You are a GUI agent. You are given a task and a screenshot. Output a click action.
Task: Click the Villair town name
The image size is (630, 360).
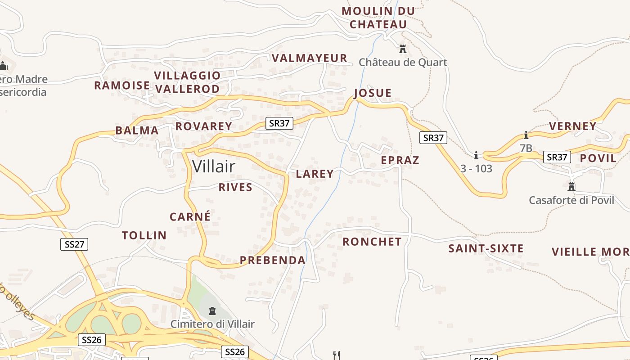coord(213,166)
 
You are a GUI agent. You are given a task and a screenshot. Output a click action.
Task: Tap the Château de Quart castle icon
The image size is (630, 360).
coord(403,48)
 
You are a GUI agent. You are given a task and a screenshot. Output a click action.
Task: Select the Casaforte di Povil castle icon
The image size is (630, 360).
coord(571,186)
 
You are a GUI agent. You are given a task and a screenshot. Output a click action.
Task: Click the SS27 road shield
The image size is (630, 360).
coord(74,244)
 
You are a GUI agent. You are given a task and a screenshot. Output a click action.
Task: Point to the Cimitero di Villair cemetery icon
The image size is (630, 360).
coord(212,310)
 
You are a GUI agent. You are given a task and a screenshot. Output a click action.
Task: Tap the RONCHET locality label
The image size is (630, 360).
coord(372,242)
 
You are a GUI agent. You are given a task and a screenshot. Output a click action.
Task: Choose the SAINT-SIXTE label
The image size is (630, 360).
coord(486,248)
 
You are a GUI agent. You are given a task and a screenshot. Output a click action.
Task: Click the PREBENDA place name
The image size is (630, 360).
coord(273,260)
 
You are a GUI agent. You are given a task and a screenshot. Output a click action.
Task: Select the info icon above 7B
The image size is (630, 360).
coord(526,135)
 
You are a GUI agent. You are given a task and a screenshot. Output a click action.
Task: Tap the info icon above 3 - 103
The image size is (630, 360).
coord(476,156)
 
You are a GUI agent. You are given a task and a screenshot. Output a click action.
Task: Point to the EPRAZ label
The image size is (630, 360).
coord(400,160)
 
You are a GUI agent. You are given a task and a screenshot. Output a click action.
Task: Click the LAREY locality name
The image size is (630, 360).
coord(315,174)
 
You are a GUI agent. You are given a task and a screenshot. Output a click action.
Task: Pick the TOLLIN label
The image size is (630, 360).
coord(144,235)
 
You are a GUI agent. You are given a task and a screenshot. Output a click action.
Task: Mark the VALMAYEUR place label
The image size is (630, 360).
coord(310,58)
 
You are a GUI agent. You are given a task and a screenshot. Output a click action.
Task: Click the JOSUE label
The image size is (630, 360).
coord(373,93)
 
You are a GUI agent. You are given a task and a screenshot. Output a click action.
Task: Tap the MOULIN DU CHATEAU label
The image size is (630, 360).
coord(378,18)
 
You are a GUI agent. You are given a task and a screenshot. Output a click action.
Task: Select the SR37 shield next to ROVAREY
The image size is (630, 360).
coord(279,123)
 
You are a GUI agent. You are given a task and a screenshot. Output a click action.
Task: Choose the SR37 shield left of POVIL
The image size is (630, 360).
coord(557,157)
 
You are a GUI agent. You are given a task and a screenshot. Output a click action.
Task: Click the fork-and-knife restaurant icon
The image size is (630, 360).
coord(336,355)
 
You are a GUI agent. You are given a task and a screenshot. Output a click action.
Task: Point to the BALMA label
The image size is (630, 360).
coord(137,131)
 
